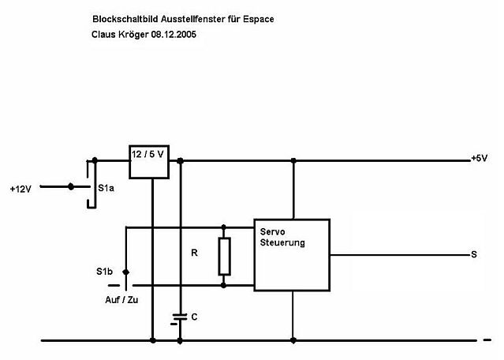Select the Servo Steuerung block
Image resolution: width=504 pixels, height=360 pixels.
click(291, 251)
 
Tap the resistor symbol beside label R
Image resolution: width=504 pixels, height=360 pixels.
click(225, 255)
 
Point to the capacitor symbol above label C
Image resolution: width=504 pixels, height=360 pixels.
click(181, 316)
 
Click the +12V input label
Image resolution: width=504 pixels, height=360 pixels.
click(21, 189)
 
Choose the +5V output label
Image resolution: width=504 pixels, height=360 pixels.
click(479, 159)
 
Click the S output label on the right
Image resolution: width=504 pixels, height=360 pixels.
click(473, 254)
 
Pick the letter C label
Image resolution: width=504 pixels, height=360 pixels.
click(194, 317)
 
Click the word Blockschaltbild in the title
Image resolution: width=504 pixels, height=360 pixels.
click(121, 17)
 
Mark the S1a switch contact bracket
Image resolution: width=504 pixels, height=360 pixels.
click(91, 183)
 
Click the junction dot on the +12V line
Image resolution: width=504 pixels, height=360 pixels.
click(73, 187)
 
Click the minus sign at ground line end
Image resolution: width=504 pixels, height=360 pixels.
click(485, 341)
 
